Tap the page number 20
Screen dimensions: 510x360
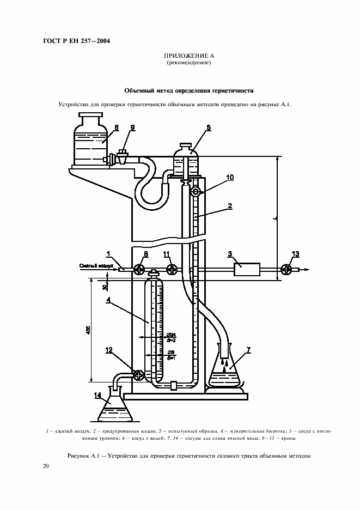[x=46, y=466]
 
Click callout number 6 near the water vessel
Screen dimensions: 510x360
[x=116, y=127]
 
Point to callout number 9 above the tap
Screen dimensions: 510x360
[x=132, y=127]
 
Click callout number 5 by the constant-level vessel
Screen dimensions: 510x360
[x=209, y=127]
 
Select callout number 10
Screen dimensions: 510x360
[x=230, y=178]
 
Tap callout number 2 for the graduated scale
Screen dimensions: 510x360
[x=230, y=206]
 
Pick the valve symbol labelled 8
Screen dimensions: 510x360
[x=139, y=269]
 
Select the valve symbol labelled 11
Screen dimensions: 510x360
[x=171, y=269]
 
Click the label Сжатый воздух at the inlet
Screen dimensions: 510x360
[x=96, y=266]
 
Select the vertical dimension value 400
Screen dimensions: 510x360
[x=88, y=330]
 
